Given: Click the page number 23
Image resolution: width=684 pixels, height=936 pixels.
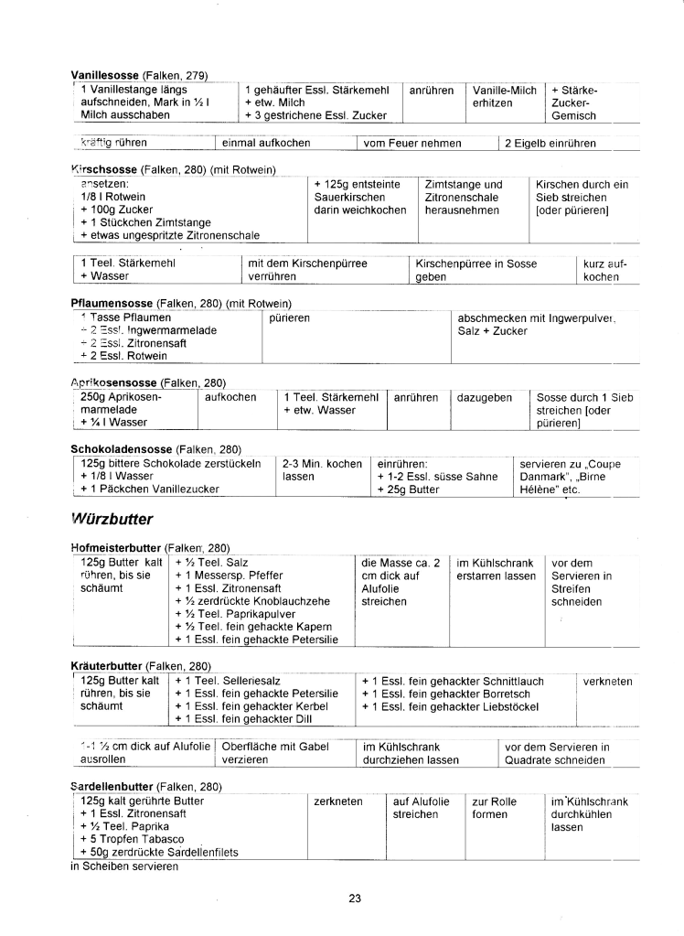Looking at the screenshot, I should tap(355, 898).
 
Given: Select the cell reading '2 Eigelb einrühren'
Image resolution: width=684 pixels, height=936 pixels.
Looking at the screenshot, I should tap(550, 143).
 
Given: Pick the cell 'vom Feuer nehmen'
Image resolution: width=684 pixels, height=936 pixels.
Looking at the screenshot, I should tap(412, 143).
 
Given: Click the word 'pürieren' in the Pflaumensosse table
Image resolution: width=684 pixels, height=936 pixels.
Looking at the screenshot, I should tap(290, 317).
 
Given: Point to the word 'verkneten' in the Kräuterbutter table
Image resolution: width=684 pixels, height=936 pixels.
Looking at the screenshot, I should tap(607, 681).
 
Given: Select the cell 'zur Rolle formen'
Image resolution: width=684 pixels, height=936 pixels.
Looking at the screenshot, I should tap(494, 807).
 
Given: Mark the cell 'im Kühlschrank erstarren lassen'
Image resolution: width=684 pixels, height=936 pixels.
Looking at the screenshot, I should tap(496, 569).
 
